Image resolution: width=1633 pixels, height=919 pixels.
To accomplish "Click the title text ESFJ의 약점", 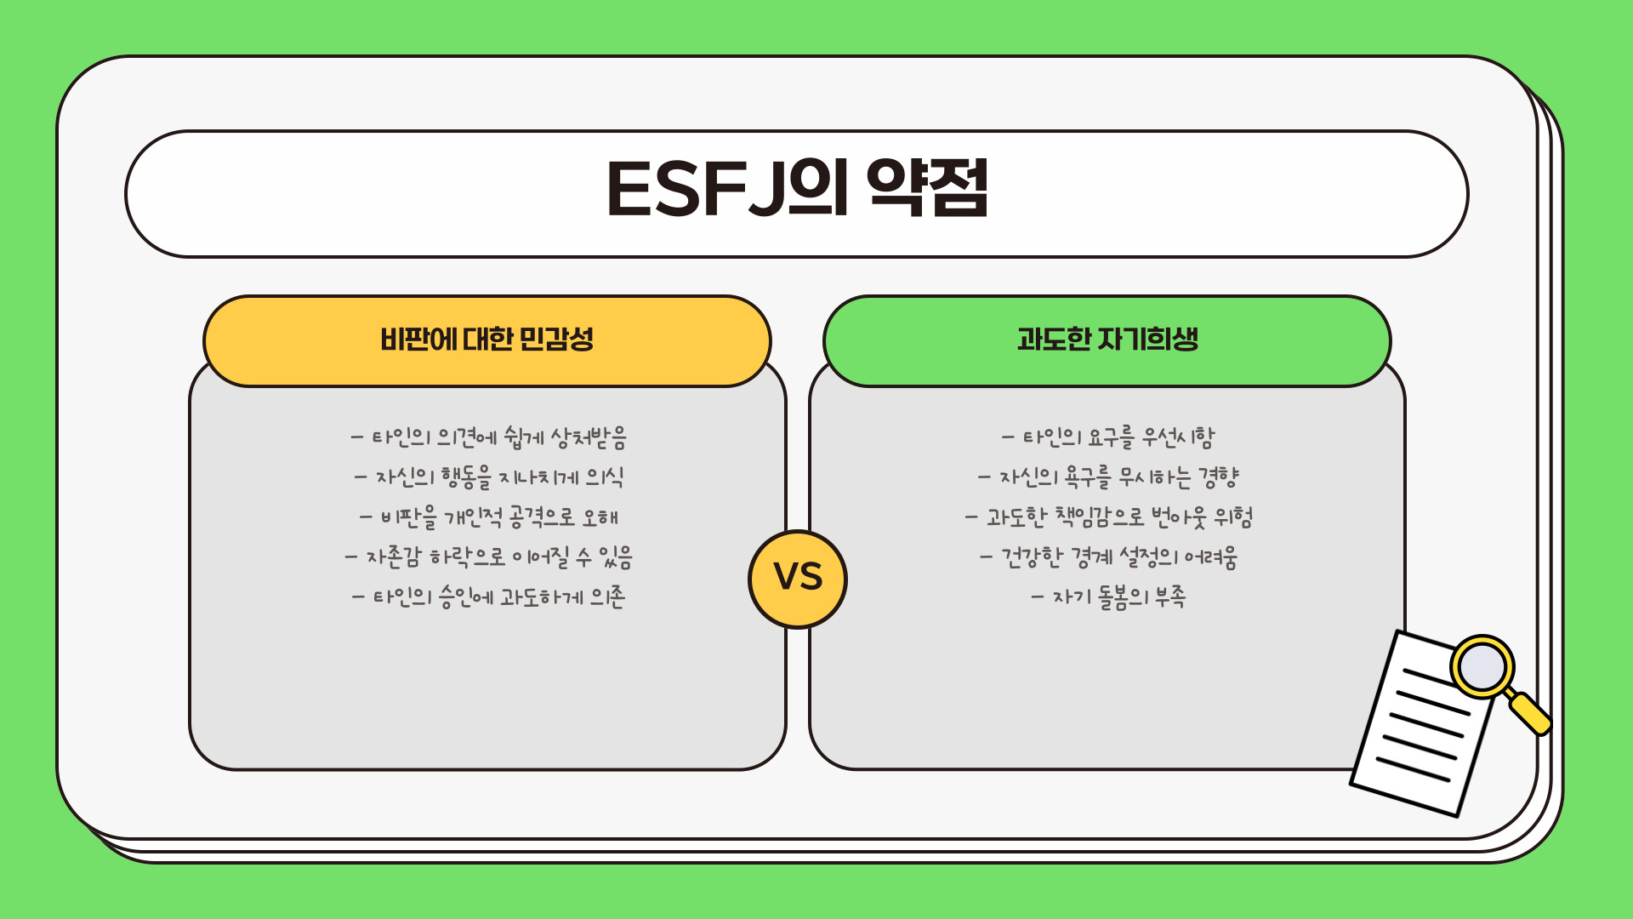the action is (797, 188).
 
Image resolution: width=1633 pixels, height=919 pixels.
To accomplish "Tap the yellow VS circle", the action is (798, 579).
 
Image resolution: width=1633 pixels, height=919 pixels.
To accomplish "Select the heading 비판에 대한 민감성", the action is (486, 340).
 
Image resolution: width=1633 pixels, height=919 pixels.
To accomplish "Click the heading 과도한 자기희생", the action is (1107, 340).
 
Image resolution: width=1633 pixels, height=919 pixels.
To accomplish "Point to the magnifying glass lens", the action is (1482, 666).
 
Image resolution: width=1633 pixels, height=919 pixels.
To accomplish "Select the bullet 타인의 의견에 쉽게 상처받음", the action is (489, 437).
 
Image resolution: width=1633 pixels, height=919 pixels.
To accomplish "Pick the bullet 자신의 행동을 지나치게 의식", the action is (489, 477).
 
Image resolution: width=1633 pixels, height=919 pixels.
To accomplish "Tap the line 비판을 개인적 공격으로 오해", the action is (489, 517).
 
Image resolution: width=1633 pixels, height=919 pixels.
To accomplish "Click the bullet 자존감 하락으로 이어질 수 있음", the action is (489, 557).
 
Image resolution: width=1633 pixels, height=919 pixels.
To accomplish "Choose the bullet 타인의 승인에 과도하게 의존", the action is (489, 597).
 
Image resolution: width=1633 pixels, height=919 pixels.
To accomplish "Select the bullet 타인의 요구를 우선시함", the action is (1108, 437).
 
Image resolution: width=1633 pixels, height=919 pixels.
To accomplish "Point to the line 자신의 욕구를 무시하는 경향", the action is (1108, 477).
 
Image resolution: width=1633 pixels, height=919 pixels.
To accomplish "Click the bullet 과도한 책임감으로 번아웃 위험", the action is (1108, 517).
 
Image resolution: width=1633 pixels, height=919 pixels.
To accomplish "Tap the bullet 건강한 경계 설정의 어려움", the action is (1108, 557).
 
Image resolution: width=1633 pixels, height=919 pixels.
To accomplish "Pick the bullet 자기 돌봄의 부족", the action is (1108, 597).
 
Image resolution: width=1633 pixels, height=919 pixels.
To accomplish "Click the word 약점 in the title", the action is (928, 188).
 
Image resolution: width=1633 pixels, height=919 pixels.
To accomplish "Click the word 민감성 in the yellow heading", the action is (556, 340).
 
